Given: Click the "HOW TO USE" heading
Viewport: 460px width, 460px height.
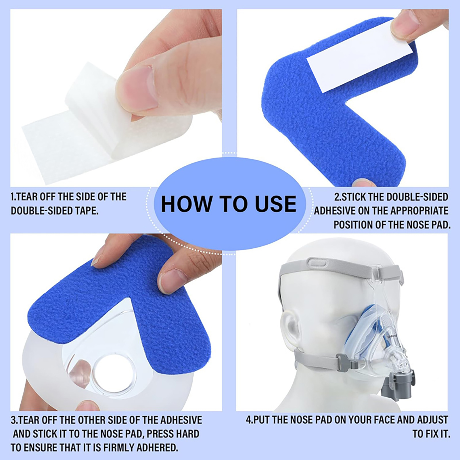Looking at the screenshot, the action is (229, 204).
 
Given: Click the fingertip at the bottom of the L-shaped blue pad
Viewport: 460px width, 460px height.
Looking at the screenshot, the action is (364, 182).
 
